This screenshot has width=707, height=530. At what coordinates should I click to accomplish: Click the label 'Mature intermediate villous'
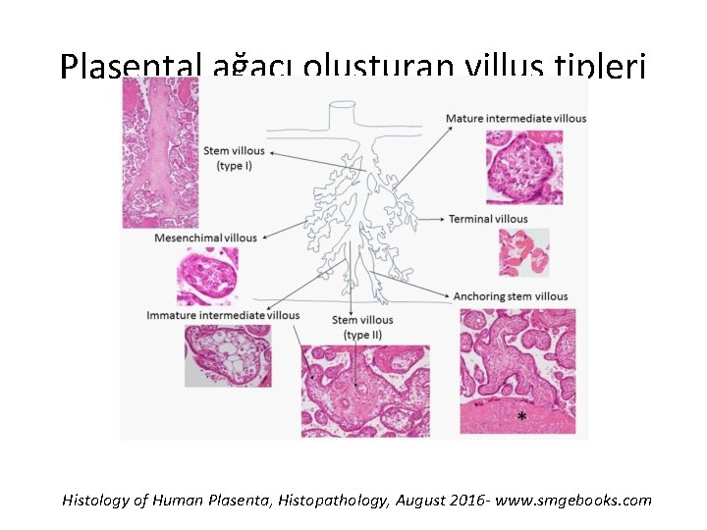pyautogui.click(x=516, y=119)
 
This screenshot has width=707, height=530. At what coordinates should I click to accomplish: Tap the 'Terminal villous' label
pyautogui.click(x=488, y=219)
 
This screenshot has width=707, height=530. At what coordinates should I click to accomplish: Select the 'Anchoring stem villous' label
pyautogui.click(x=510, y=296)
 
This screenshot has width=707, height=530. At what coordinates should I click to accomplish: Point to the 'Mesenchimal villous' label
pyautogui.click(x=205, y=238)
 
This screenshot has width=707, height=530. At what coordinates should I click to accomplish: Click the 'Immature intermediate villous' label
pyautogui.click(x=223, y=315)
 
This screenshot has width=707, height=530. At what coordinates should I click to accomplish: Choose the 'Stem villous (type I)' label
pyautogui.click(x=234, y=157)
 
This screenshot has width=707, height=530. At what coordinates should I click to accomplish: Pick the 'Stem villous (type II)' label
pyautogui.click(x=362, y=327)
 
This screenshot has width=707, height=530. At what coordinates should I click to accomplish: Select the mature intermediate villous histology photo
pyautogui.click(x=524, y=167)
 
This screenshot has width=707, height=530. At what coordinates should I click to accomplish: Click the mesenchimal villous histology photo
pyautogui.click(x=206, y=276)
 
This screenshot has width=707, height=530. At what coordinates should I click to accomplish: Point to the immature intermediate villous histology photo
pyautogui.click(x=228, y=355)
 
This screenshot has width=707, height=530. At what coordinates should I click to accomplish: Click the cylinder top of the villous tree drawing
pyautogui.click(x=342, y=104)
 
